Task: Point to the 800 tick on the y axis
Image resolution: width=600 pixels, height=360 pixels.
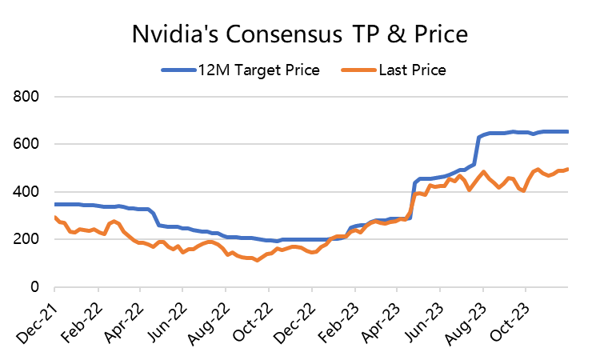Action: click(x=30, y=98)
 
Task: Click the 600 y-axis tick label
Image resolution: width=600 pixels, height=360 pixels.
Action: click(x=30, y=145)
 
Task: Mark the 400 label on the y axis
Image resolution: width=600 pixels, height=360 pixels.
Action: click(x=30, y=192)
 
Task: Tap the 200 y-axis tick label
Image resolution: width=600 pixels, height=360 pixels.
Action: click(x=30, y=239)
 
